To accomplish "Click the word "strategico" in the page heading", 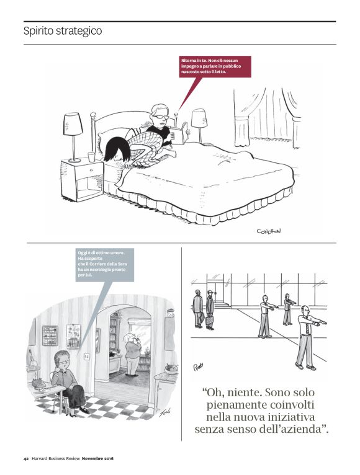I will point(78,30).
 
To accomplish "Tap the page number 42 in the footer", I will point(25,458).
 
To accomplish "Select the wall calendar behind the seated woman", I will point(73,335).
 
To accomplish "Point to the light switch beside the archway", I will point(87,357).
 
